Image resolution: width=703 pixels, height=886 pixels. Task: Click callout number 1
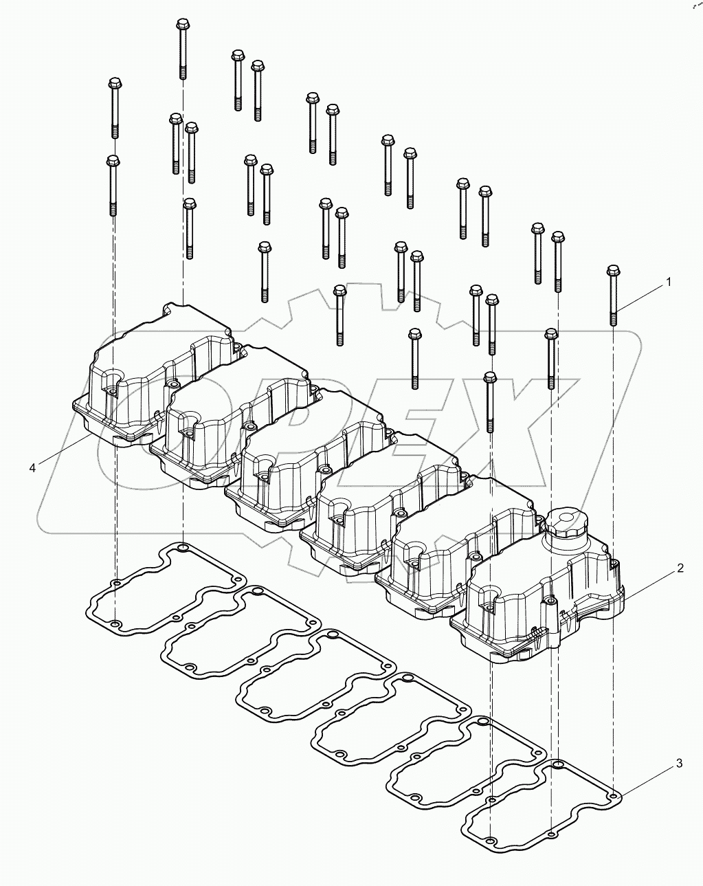667,283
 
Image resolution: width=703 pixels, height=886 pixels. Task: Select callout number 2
679,568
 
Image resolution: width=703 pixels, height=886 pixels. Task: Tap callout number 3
679,763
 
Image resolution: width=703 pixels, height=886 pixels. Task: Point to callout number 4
32,467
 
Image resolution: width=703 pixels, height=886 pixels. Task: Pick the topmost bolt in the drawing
183,48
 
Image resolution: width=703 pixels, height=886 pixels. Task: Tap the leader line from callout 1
640,297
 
